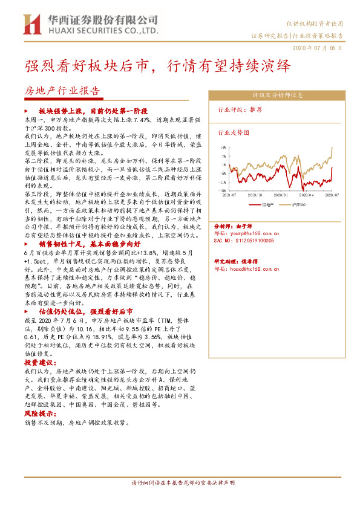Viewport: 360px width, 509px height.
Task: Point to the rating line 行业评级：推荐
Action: [240, 110]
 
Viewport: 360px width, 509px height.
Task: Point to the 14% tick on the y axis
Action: [223, 147]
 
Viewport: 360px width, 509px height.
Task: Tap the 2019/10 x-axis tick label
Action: [256, 195]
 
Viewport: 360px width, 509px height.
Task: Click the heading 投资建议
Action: [39, 361]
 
